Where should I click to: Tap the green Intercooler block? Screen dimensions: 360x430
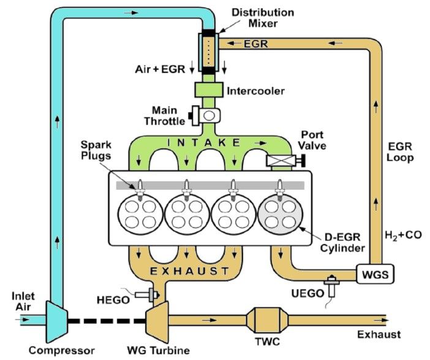point(208,90)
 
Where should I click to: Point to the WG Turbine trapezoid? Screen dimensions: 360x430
point(156,319)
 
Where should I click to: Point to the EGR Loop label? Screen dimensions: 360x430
point(401,152)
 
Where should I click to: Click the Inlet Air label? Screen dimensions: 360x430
point(23,301)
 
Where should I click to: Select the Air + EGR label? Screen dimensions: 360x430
point(159,69)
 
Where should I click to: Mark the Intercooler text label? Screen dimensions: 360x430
point(255,91)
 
